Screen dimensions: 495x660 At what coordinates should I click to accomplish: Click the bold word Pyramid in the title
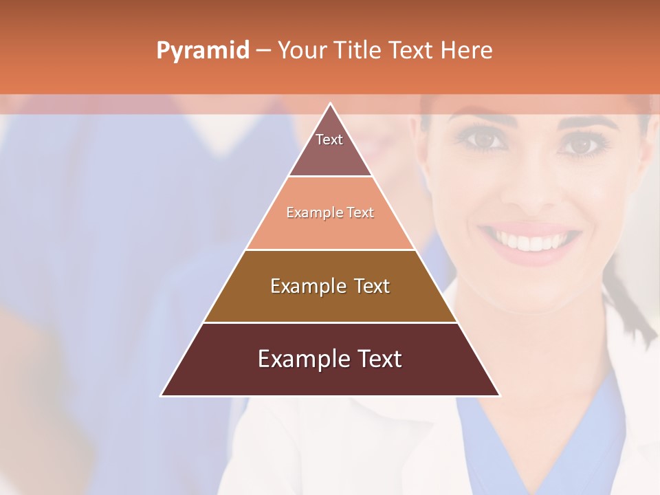203,51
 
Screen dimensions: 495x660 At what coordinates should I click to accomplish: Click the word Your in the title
303,50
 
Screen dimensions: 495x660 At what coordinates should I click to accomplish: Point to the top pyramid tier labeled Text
330,148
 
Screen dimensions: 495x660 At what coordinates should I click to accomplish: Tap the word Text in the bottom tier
377,359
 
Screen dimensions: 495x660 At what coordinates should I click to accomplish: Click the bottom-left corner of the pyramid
162,395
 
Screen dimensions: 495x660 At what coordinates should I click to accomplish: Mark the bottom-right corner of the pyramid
500,395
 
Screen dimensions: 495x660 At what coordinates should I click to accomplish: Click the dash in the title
263,51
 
